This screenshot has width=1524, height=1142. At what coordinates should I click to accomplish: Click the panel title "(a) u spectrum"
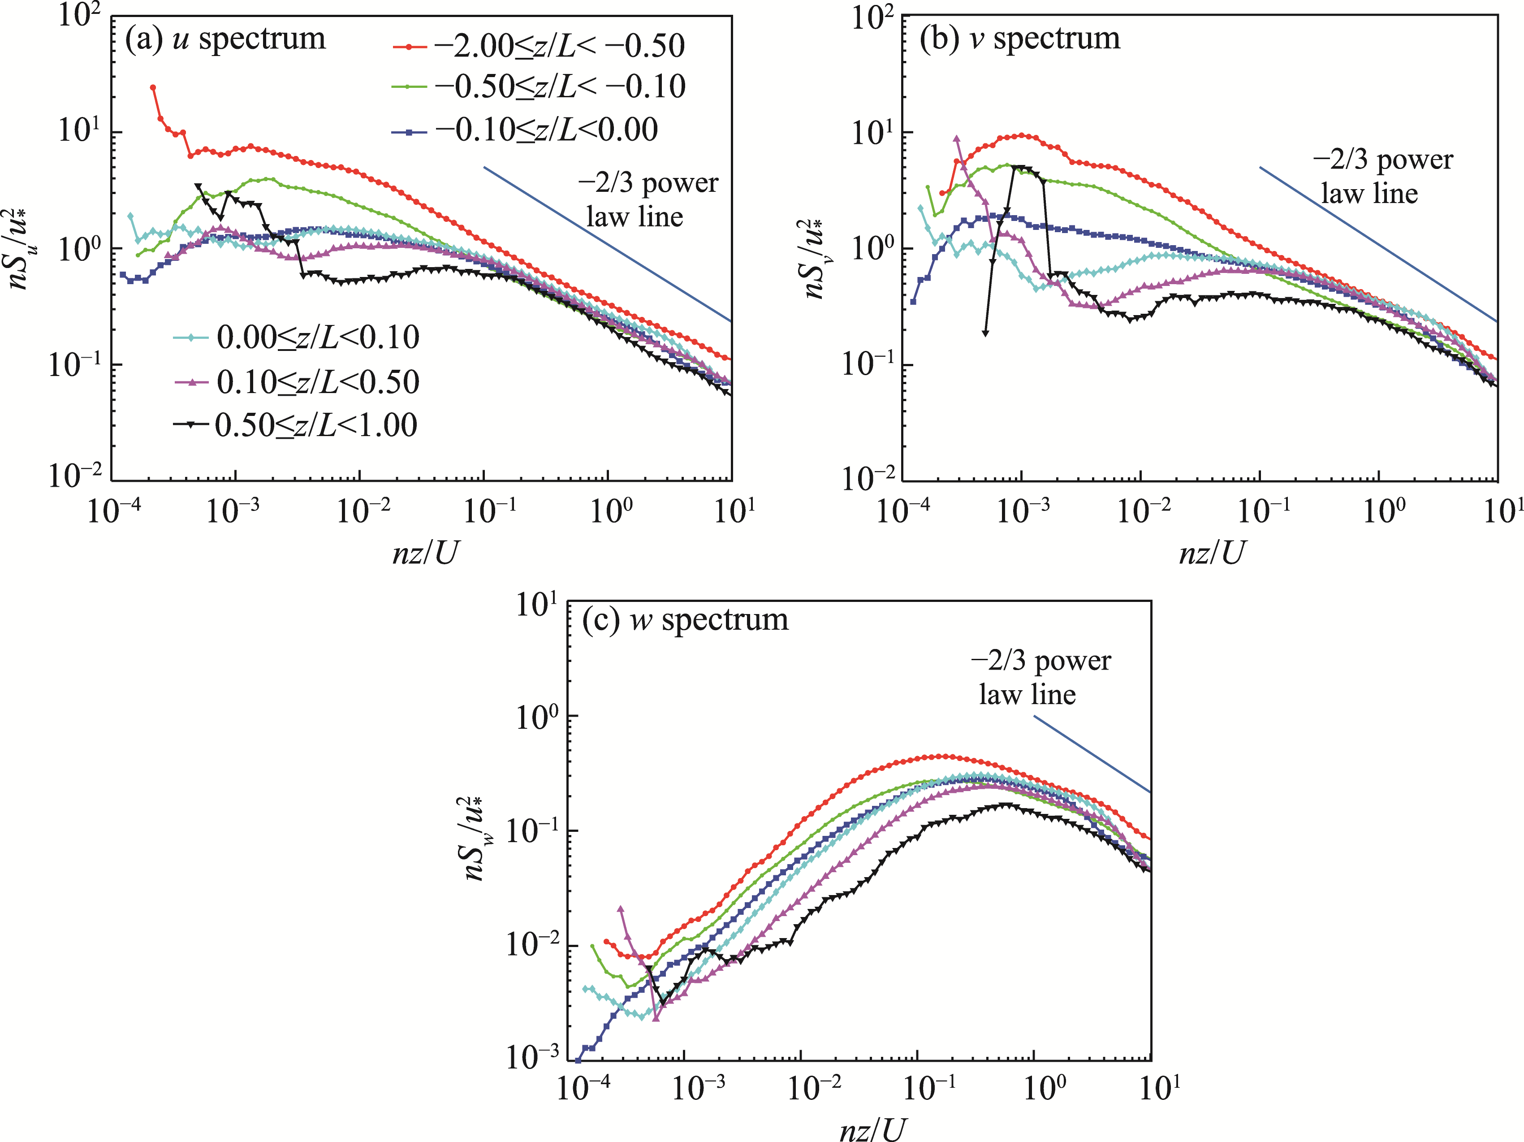point(225,39)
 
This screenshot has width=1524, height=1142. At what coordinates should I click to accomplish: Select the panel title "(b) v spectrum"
point(1020,39)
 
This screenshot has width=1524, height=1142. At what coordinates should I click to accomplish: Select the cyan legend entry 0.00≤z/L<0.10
point(296,337)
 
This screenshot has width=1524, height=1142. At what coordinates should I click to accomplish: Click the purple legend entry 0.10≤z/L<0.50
point(296,382)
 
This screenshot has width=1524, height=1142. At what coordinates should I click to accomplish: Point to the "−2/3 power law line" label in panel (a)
point(648,200)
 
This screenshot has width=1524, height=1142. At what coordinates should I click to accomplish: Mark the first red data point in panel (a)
point(153,87)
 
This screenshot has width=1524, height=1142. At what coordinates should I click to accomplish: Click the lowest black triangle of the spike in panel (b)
point(985,333)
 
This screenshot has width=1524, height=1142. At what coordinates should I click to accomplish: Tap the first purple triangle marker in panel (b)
point(956,138)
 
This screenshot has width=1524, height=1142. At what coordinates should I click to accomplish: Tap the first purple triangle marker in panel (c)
point(620,909)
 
